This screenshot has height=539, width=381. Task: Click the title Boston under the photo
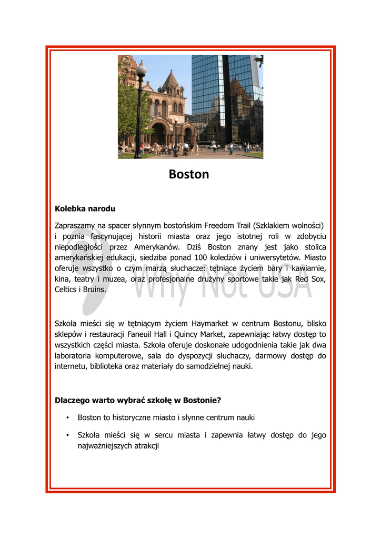pos(189,174)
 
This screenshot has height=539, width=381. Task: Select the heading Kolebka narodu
pos(85,209)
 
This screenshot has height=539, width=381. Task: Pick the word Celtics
pos(66,290)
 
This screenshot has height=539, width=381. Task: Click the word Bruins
pos(95,290)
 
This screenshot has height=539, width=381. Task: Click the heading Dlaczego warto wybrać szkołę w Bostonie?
pos(138,400)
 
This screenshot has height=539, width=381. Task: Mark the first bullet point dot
pos(68,418)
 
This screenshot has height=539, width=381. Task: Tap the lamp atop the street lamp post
pos(141,69)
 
